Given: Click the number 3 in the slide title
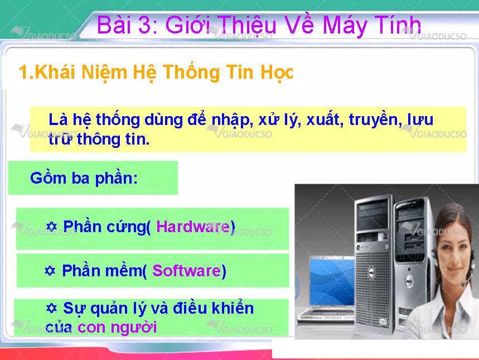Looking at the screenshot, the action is coord(146,25).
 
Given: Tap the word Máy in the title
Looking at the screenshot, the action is coord(345,26).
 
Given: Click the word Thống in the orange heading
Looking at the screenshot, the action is coord(191,72).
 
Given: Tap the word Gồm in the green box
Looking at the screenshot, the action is coord(48,177).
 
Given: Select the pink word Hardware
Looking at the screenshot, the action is coord(193,227).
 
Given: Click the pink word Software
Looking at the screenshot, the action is coord(187,270).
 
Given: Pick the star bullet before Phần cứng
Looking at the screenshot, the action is coord(52,227).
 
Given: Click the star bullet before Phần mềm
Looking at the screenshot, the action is coord(50,270).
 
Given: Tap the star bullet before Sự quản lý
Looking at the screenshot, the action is coord(51,308).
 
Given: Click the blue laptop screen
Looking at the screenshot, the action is coord(332,282).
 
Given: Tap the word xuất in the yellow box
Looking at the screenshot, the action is coord(323,119).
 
